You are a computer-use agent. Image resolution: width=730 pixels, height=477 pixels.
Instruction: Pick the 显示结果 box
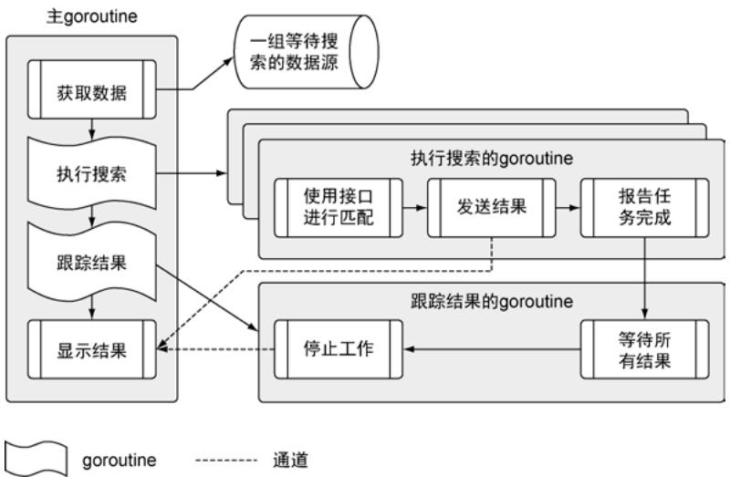coord(92,348)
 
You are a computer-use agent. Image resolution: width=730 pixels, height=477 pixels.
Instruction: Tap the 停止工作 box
coord(338,348)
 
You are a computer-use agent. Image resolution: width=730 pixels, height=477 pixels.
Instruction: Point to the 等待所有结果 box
coord(644,348)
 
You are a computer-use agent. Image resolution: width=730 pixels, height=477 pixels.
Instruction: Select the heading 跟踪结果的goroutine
coord(492,300)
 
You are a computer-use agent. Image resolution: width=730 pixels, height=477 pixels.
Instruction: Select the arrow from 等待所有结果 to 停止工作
coord(493,348)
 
